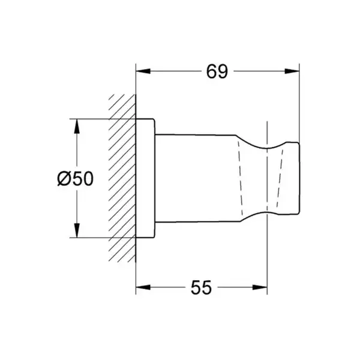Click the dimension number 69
tap(217, 71)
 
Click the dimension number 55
tap(201, 287)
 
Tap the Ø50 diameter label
tap(76, 178)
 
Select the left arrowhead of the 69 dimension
tap(143, 71)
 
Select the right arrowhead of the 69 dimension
tap(292, 71)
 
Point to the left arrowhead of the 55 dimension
tap(143, 287)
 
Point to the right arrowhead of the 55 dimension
tap(260, 287)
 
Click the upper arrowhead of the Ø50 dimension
tap(77, 126)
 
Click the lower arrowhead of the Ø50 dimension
tap(77, 230)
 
